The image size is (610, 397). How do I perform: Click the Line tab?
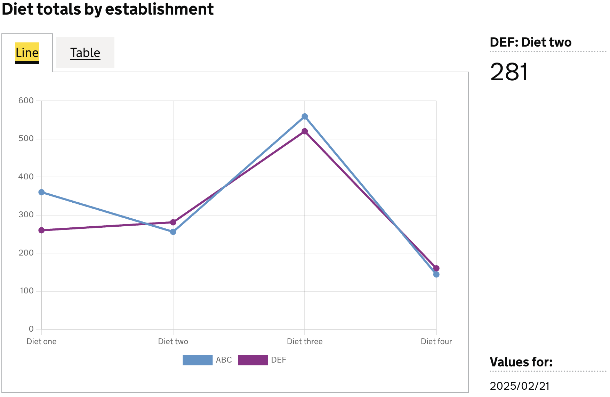(x=27, y=53)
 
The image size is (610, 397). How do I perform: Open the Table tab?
(x=85, y=53)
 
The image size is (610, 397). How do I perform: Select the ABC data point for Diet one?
(x=41, y=192)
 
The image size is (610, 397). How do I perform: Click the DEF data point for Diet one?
(x=41, y=230)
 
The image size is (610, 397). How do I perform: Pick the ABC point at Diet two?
(x=173, y=232)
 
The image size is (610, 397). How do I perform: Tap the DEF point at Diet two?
(x=173, y=222)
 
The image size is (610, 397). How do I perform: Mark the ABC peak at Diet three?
(x=305, y=116)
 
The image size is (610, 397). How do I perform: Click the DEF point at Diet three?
(x=305, y=131)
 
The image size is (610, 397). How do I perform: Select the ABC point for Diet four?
(x=436, y=275)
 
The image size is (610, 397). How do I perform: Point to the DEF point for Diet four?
(x=436, y=268)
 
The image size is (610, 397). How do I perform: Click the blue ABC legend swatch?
(x=198, y=360)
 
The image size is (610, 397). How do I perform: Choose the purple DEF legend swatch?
(x=253, y=360)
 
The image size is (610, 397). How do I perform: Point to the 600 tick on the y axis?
(x=26, y=100)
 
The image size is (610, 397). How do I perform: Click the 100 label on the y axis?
(x=27, y=291)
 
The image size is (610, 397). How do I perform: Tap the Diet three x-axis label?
(x=305, y=341)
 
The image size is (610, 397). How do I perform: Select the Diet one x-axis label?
(x=41, y=341)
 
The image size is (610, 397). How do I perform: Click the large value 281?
(x=509, y=72)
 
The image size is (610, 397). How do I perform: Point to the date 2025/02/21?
(x=520, y=386)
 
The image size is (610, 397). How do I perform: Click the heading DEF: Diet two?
(x=530, y=42)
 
